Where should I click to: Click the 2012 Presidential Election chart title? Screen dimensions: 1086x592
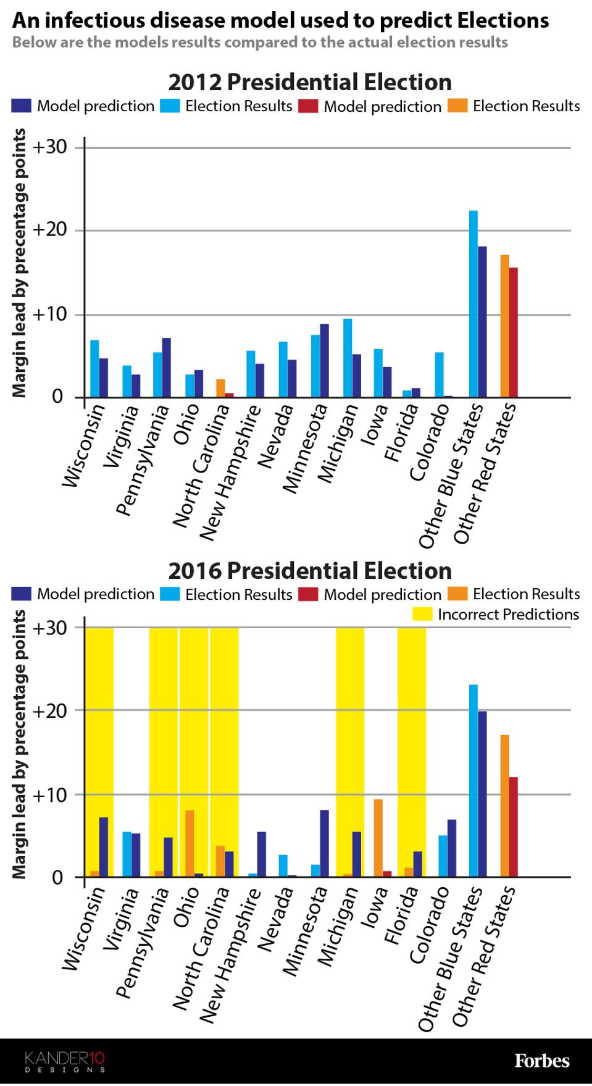pyautogui.click(x=310, y=82)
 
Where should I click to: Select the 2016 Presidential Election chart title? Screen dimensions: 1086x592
pyautogui.click(x=310, y=570)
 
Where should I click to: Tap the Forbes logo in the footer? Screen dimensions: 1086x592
pyautogui.click(x=542, y=1061)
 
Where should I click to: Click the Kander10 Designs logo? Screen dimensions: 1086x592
pyautogui.click(x=65, y=1061)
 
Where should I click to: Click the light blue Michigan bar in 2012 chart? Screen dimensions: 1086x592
pyautogui.click(x=348, y=358)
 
